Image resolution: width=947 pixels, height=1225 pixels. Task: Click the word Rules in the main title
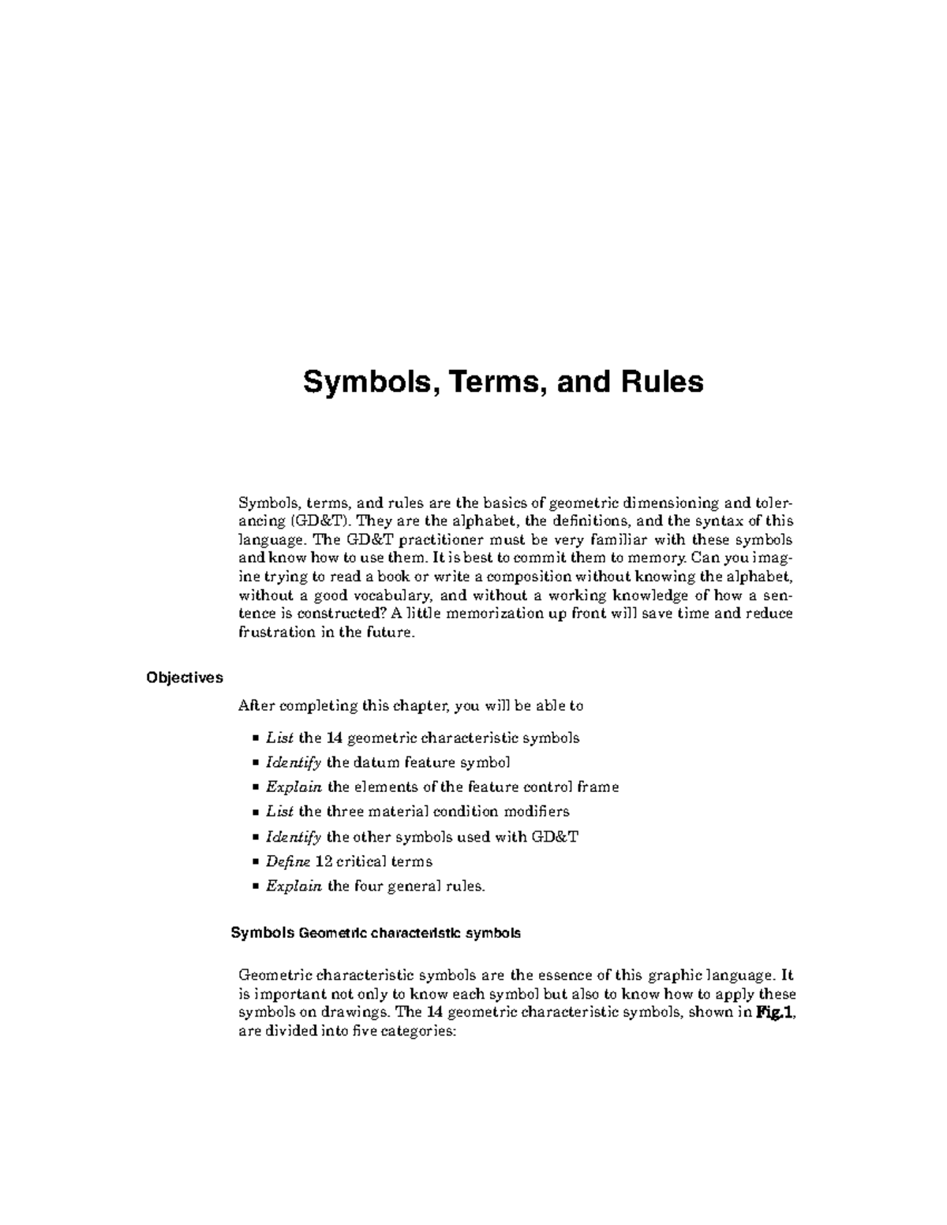coord(661,383)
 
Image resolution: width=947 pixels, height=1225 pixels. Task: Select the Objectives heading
coord(184,678)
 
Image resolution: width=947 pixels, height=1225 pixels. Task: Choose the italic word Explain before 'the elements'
coord(294,787)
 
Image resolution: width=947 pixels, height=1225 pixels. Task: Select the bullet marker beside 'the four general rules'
coord(255,887)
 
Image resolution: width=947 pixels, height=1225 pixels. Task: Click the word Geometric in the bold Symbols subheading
coord(335,933)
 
